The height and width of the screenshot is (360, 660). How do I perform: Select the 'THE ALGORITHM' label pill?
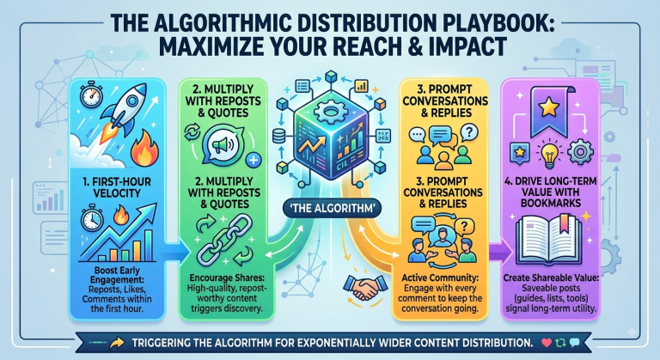coord(332,209)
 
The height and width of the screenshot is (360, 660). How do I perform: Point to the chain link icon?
coord(225,240)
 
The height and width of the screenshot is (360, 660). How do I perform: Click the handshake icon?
coord(364,287)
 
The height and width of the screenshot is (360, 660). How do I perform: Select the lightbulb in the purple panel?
coord(549,155)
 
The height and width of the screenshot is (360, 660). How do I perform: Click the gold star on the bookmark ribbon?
coord(548,108)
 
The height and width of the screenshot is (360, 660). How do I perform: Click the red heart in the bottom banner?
coord(546,343)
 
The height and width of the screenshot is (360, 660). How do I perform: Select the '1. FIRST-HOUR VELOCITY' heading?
coord(117,187)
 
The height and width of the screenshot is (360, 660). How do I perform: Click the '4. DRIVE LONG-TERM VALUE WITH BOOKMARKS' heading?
coord(551,192)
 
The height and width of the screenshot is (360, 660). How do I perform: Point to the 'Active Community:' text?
coord(440,278)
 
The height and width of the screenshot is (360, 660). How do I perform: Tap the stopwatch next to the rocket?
coord(90,94)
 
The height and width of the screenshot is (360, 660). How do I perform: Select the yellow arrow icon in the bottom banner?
coord(117,343)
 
